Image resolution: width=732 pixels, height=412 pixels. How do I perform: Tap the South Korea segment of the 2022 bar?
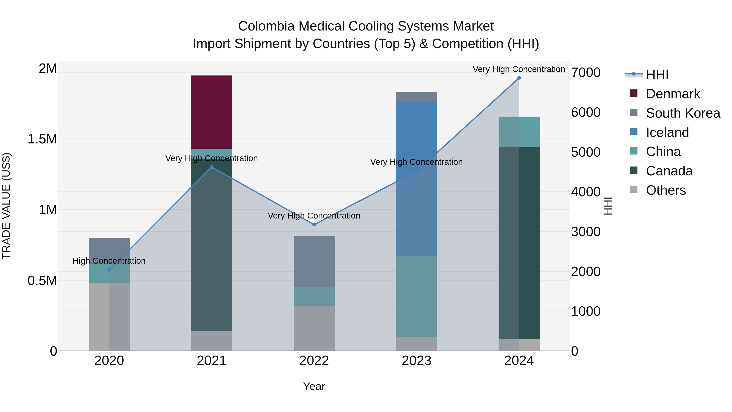pyautogui.click(x=314, y=261)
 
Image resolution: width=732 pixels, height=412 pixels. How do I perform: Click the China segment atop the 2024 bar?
pyautogui.click(x=519, y=131)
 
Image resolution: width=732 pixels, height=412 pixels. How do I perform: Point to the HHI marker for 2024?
pyautogui.click(x=519, y=78)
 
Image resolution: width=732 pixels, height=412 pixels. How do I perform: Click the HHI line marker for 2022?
pyautogui.click(x=314, y=225)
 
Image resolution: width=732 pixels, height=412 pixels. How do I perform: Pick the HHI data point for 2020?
pyautogui.click(x=109, y=270)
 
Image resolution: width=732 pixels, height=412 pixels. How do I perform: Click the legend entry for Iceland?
pyautogui.click(x=667, y=132)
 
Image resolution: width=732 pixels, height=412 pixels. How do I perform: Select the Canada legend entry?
pyautogui.click(x=669, y=171)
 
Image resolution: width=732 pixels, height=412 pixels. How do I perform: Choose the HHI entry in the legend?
pyautogui.click(x=657, y=74)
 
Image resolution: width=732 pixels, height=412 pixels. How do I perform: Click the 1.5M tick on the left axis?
pyautogui.click(x=42, y=139)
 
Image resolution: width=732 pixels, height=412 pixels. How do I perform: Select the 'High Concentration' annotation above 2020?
pyautogui.click(x=109, y=261)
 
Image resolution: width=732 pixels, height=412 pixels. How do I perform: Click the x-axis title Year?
pyautogui.click(x=314, y=386)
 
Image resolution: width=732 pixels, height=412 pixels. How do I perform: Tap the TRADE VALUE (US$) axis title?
pyautogui.click(x=6, y=206)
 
